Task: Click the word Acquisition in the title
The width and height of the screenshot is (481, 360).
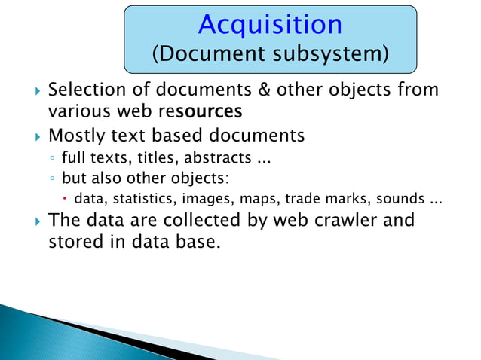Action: pyautogui.click(x=270, y=25)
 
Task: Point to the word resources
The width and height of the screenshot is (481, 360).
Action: pyautogui.click(x=204, y=112)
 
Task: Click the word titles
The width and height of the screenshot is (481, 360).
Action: pyautogui.click(x=157, y=160)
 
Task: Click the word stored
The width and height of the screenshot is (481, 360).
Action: pyautogui.click(x=74, y=243)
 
